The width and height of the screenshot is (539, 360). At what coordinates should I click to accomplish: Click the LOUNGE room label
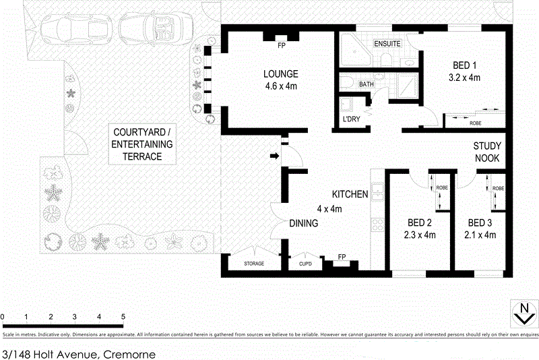tap(282, 73)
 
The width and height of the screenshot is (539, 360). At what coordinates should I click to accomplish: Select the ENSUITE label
tap(387, 44)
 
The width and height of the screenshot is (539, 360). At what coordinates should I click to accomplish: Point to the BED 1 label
tap(464, 65)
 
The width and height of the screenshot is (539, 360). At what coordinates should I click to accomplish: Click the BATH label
tap(366, 84)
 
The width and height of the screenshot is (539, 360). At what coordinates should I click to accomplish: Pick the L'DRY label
tap(351, 119)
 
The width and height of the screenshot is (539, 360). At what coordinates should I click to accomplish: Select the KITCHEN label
tap(349, 194)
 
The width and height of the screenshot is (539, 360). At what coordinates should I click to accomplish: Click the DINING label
tap(303, 223)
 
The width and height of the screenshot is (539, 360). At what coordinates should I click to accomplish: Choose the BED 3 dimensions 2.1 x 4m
tap(481, 235)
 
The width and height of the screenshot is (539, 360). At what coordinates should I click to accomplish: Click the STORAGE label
tap(254, 263)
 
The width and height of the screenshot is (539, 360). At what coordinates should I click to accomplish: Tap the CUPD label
tap(305, 263)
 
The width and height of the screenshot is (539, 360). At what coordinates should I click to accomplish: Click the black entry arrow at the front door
tap(274, 157)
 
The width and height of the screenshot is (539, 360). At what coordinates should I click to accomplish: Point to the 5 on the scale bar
tap(123, 316)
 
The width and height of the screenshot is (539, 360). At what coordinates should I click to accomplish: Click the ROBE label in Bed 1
tap(475, 123)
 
